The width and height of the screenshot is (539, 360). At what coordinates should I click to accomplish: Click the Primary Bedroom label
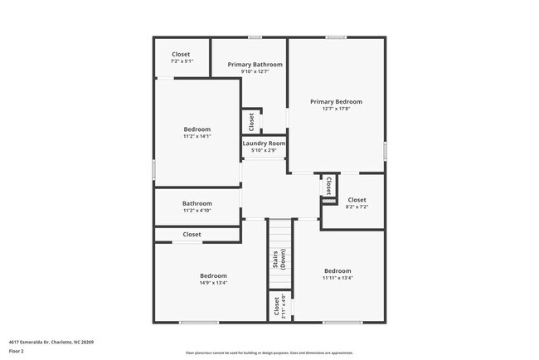(x=336, y=101)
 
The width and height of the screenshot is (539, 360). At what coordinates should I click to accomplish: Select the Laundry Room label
(x=264, y=144)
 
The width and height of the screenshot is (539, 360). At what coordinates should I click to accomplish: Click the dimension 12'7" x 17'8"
(x=336, y=109)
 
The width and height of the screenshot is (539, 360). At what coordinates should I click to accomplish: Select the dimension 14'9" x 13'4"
(x=213, y=283)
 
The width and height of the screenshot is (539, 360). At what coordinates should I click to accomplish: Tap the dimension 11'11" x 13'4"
(x=337, y=278)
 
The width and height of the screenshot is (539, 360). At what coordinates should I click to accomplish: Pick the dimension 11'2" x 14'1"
(x=197, y=137)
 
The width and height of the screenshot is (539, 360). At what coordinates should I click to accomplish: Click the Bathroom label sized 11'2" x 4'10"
(x=197, y=203)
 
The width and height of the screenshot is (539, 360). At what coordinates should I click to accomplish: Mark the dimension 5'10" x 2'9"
(x=264, y=150)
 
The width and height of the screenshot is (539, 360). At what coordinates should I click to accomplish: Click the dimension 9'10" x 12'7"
(x=255, y=71)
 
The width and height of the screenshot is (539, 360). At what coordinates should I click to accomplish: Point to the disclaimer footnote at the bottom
(x=269, y=352)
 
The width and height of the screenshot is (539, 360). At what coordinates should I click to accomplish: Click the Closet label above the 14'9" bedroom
(x=192, y=235)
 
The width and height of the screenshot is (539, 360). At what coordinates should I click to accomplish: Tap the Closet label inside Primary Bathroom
(x=251, y=121)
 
